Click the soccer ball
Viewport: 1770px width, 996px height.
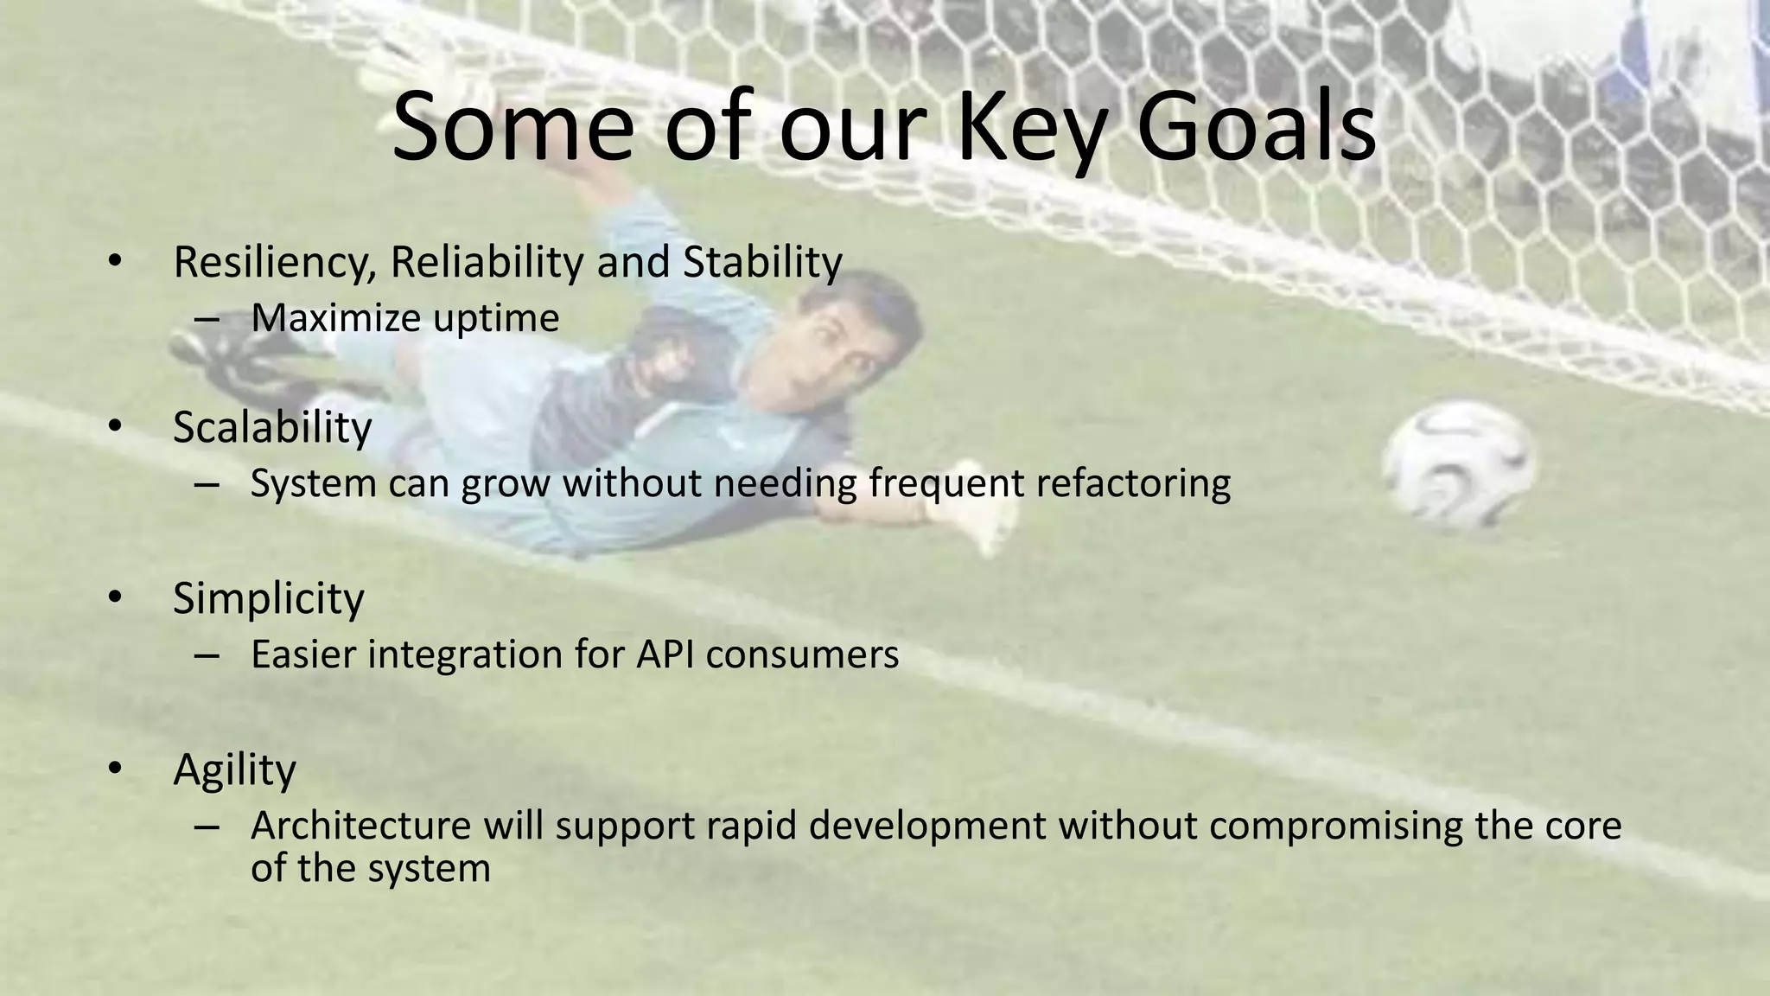click(x=1458, y=465)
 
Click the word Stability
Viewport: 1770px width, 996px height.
click(x=762, y=263)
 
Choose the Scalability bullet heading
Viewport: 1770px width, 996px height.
click(x=272, y=427)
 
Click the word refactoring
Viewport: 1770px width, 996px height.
click(x=1133, y=483)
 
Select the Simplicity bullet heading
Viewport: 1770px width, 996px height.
click(x=268, y=598)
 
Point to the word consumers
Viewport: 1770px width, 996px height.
click(x=802, y=655)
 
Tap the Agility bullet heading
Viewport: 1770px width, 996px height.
click(x=234, y=770)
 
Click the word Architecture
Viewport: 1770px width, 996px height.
click(x=360, y=826)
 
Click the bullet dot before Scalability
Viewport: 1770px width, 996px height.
click(x=116, y=426)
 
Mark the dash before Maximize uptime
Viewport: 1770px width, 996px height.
click(x=207, y=319)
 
